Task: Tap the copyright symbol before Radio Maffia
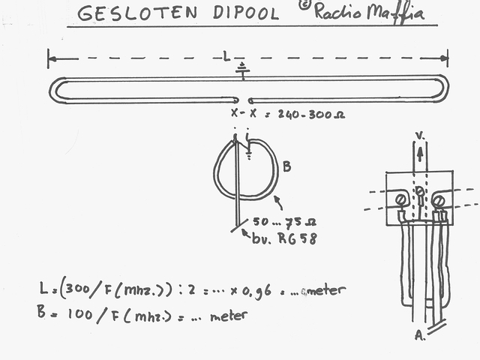tap(304, 5)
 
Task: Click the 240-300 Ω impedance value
tap(311, 115)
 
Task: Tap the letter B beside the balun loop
tap(286, 166)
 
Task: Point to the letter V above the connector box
tap(420, 136)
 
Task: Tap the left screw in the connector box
tap(401, 199)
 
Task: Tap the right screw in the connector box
tap(439, 199)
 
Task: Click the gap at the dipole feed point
tap(244, 99)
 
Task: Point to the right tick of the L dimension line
tap(448, 58)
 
